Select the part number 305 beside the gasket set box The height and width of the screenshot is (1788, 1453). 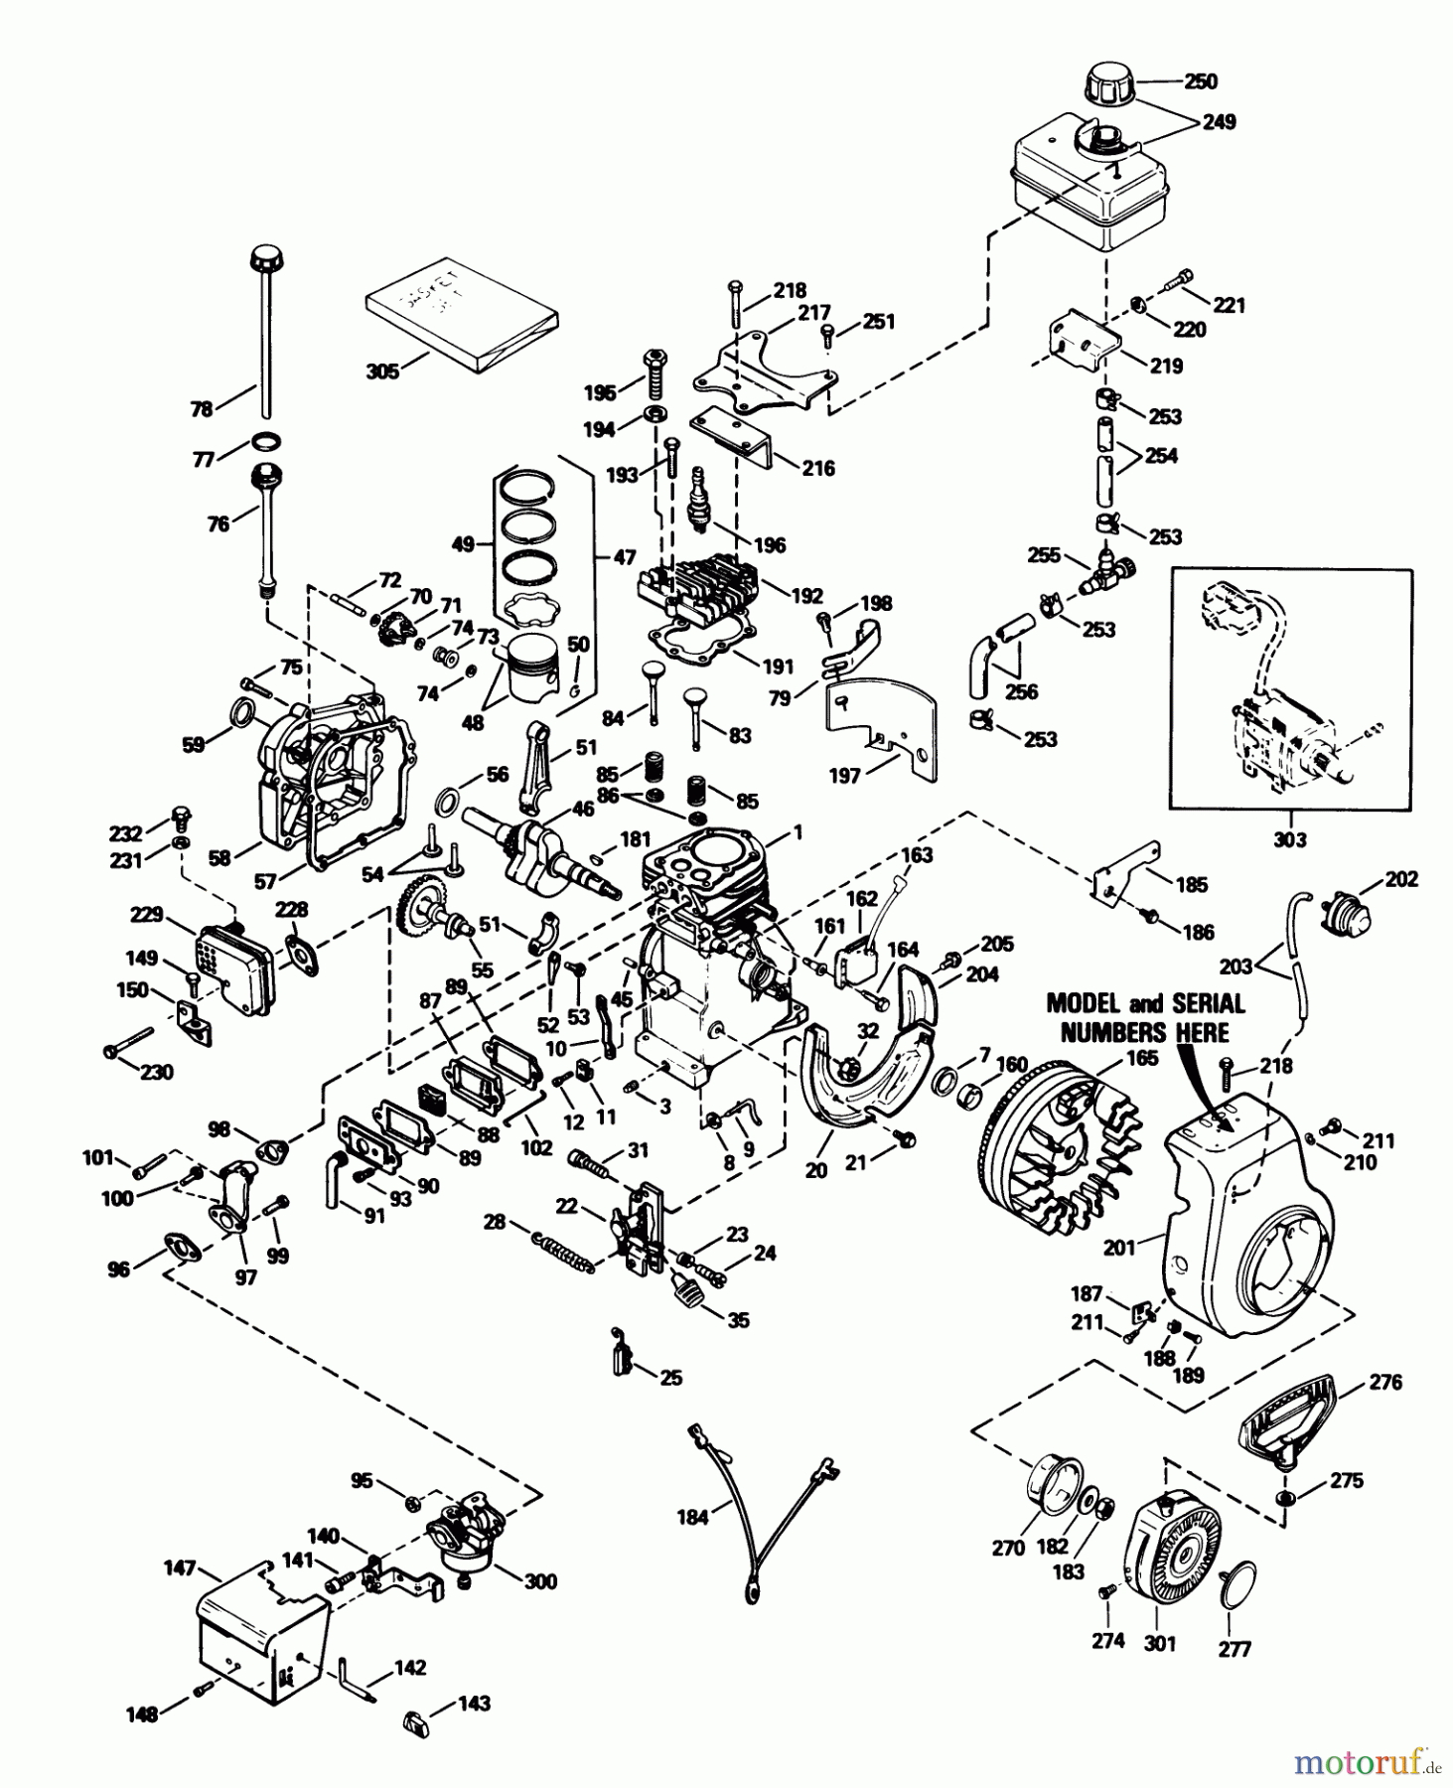tap(383, 371)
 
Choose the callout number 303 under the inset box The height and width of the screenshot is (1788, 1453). tap(1290, 839)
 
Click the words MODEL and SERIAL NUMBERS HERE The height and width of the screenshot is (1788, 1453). tap(1145, 1017)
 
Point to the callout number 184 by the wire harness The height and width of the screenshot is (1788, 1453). tap(692, 1517)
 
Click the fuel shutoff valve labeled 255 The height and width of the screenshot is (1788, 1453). tap(1107, 571)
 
